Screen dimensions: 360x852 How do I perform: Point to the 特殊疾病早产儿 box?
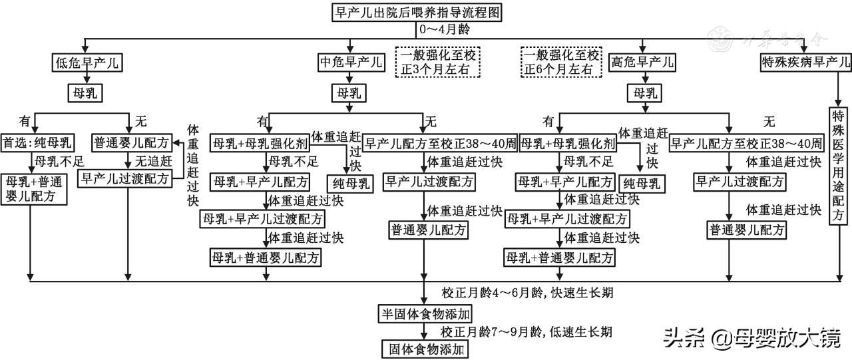pos(805,63)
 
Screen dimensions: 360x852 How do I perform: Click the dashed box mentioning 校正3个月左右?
pos(440,62)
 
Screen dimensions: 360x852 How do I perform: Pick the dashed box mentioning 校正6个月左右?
pos(561,62)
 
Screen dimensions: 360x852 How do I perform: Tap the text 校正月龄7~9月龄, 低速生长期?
pos(526,331)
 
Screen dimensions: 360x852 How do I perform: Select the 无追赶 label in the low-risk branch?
pos(154,160)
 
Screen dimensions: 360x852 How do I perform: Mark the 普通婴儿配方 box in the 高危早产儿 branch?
pos(746,230)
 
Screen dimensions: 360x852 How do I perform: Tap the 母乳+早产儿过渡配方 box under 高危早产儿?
pos(566,218)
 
